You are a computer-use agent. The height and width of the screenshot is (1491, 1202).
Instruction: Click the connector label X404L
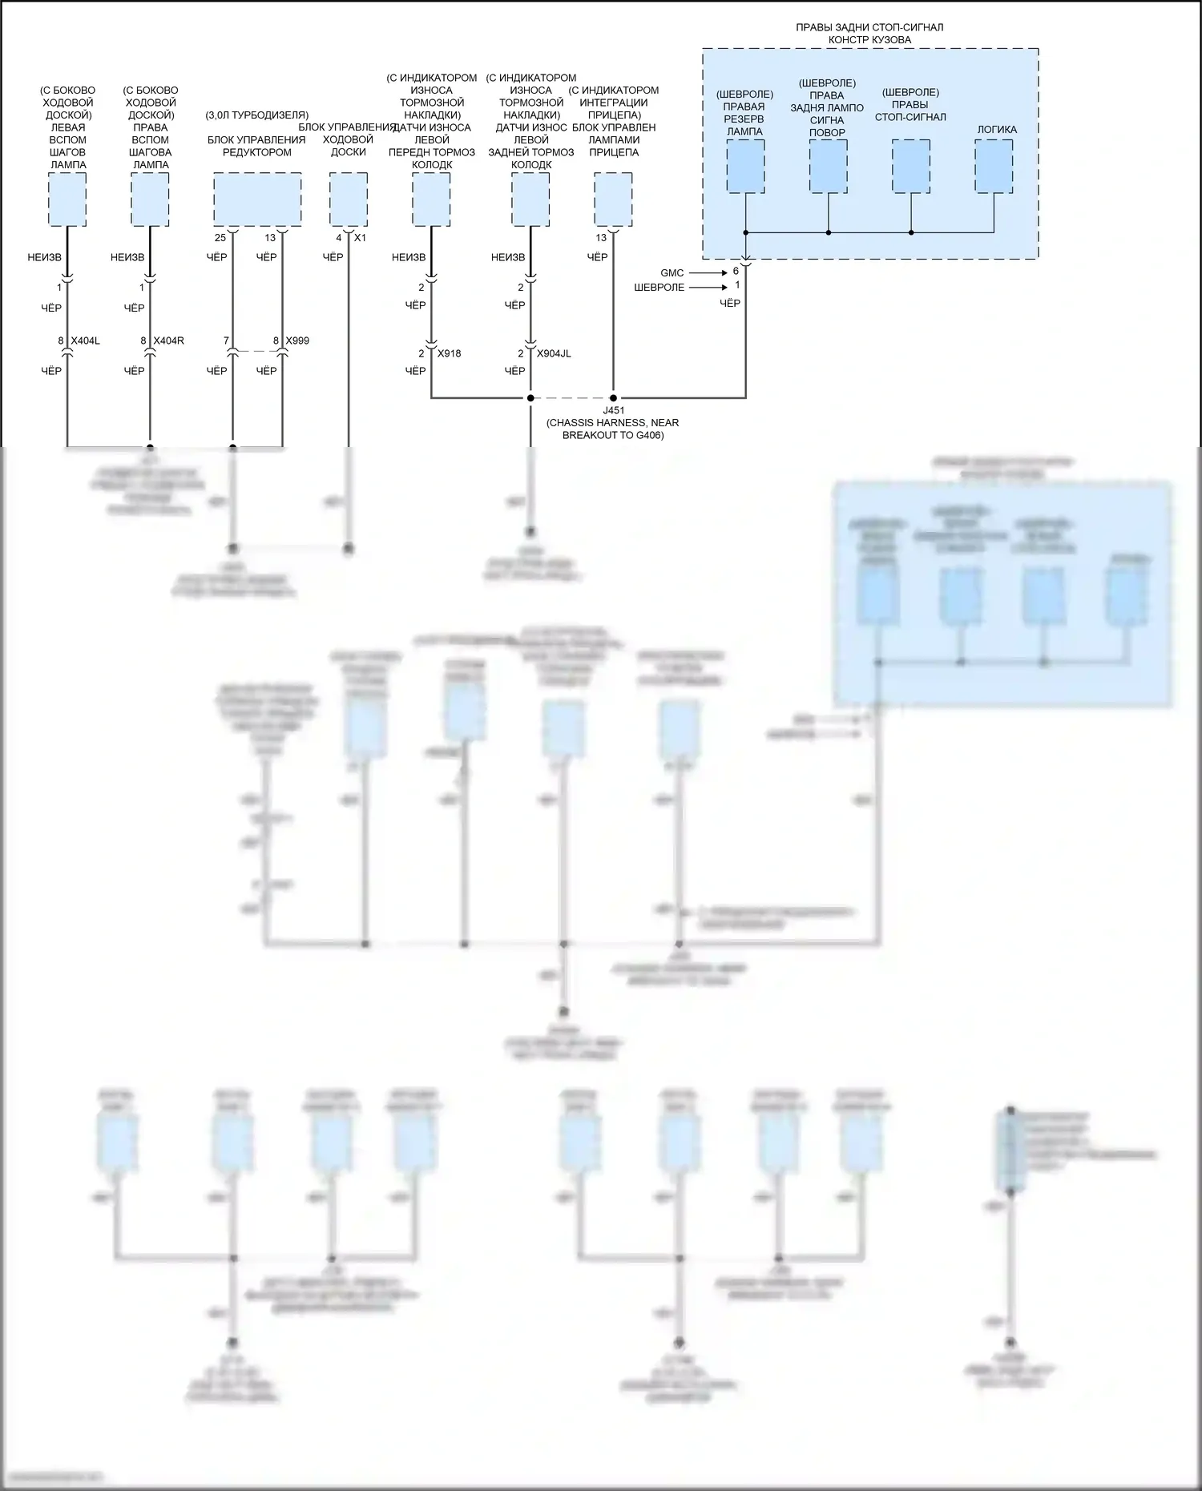point(85,341)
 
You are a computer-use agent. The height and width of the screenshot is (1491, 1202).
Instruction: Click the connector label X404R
point(168,341)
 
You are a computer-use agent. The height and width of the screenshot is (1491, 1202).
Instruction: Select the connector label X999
point(296,341)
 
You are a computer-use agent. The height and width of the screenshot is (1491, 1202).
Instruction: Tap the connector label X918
point(449,353)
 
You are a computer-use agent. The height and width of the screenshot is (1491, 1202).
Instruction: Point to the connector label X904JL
point(554,353)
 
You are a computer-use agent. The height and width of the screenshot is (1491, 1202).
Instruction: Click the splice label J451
point(613,411)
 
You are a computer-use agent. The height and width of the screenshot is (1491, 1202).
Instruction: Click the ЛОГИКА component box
point(994,166)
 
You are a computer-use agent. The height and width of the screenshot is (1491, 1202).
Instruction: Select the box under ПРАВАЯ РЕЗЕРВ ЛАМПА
point(745,166)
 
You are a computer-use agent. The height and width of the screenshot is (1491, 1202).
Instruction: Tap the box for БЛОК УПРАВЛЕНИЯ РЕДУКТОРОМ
point(257,199)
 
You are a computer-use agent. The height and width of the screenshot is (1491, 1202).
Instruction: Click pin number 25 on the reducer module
point(220,238)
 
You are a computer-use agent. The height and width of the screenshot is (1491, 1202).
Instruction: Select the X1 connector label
point(360,238)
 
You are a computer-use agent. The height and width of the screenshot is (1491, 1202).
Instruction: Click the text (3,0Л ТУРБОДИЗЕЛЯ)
point(256,115)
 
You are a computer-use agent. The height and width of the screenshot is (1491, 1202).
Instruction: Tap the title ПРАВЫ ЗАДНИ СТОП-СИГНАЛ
point(869,27)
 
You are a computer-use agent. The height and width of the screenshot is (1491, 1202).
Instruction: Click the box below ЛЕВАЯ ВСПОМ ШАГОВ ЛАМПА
point(67,199)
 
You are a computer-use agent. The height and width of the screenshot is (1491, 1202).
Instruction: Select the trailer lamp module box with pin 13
point(613,199)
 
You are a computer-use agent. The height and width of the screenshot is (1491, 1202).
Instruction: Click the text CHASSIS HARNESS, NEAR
point(613,423)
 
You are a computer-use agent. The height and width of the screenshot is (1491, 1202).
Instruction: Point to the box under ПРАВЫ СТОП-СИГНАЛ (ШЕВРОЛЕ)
point(911,166)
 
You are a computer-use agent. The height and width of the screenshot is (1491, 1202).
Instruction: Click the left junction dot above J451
point(530,397)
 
